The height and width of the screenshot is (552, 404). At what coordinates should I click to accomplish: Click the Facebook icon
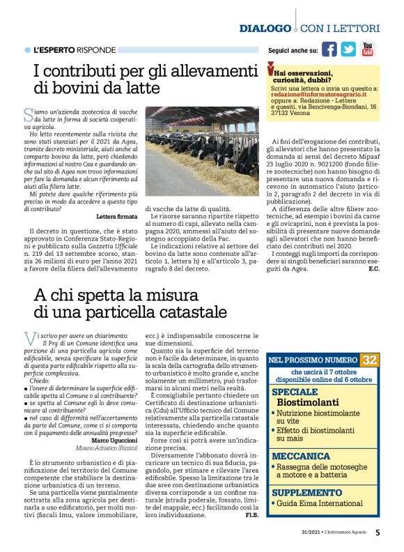tap(329, 49)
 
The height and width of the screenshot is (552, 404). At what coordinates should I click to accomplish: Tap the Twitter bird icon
tap(348, 49)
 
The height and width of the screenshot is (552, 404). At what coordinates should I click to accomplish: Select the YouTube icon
tap(367, 49)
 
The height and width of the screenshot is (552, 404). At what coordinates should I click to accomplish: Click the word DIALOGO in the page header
tap(265, 28)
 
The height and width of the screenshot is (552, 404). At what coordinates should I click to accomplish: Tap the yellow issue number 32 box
tap(369, 360)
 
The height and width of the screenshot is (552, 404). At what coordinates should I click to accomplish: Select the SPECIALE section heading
tap(295, 392)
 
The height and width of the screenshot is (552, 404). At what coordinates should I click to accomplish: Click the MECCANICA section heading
tap(301, 455)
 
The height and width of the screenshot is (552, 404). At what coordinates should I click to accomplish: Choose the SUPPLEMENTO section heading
tap(307, 491)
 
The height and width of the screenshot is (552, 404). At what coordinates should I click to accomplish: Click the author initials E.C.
tap(373, 268)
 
